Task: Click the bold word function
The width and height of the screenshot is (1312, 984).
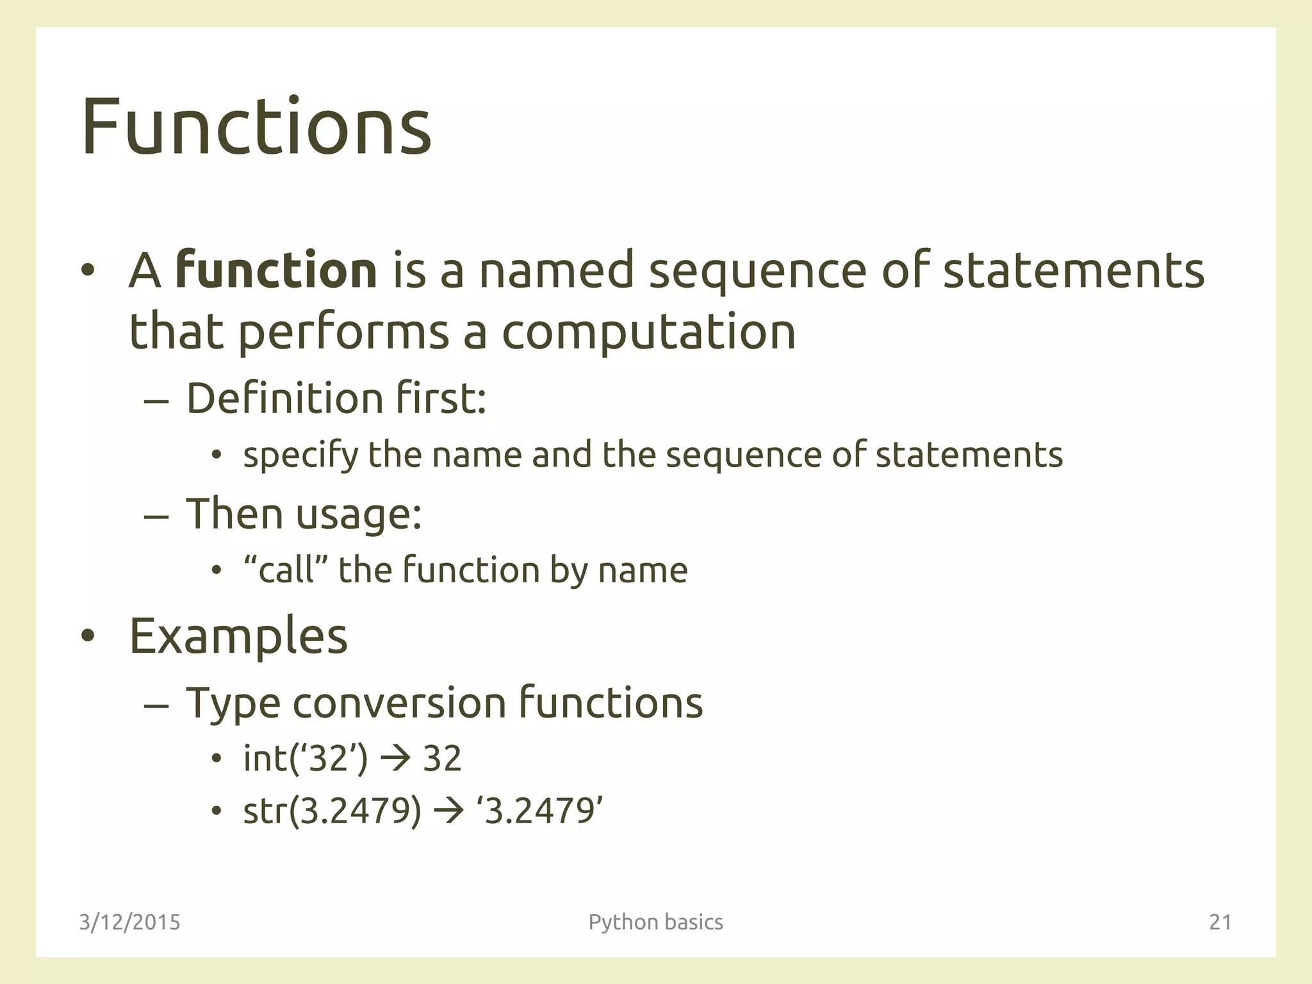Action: tap(276, 270)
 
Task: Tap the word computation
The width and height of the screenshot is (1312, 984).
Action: tap(648, 332)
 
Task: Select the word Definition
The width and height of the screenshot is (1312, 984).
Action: tap(284, 398)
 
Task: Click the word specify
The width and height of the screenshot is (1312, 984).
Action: tap(300, 455)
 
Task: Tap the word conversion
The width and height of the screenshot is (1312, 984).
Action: tap(400, 702)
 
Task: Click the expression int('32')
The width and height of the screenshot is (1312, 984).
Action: tap(306, 758)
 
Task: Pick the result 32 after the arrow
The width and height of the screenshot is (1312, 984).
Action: tap(442, 758)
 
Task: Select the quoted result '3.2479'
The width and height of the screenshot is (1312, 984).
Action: tap(539, 811)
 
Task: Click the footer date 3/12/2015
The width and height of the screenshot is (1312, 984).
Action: tap(130, 922)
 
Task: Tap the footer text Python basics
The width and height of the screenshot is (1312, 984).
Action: tap(655, 922)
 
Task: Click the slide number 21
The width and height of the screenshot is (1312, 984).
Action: tap(1220, 922)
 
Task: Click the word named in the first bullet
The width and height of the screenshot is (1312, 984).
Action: tap(556, 270)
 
